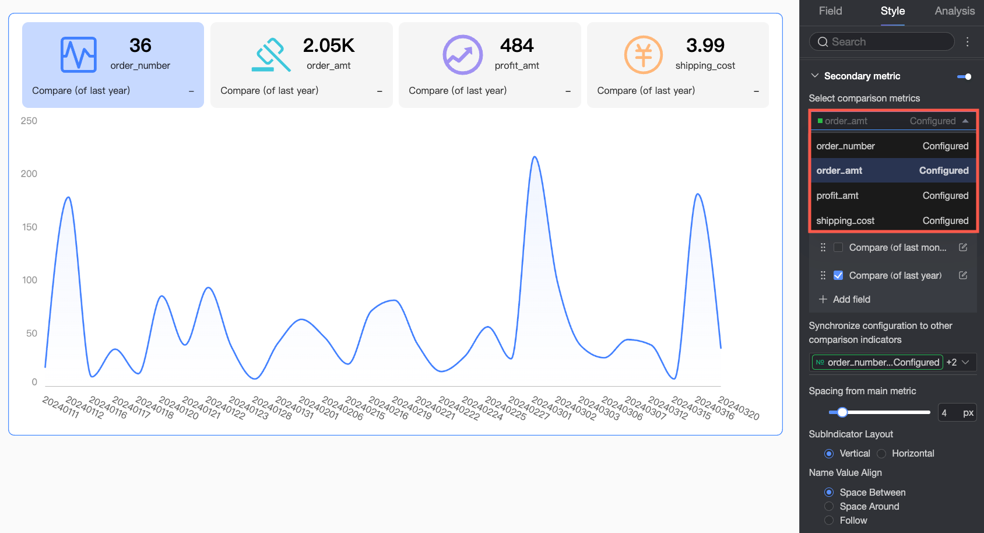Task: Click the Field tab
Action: [830, 11]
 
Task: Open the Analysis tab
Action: [954, 11]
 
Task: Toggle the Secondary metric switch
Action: [964, 76]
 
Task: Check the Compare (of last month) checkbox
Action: [838, 247]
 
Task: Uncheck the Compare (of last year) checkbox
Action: [838, 275]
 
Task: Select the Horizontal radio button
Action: [882, 454]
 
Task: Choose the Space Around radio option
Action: [829, 506]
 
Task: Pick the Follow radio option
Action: [829, 520]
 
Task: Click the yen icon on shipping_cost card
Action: [643, 55]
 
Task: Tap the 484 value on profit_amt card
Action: [516, 45]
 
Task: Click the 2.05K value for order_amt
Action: [329, 45]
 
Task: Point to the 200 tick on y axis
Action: [29, 174]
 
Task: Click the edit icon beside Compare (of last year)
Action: [963, 275]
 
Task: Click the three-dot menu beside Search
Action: [968, 42]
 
